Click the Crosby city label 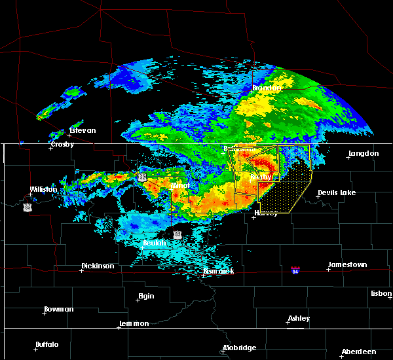[x=63, y=144]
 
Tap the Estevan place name [x=82, y=130]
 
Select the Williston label [x=43, y=189]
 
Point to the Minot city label [x=179, y=185]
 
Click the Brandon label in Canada [x=267, y=88]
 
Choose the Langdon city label [x=364, y=153]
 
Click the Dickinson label [x=98, y=266]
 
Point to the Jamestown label [x=347, y=264]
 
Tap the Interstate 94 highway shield [x=296, y=270]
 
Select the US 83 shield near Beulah [x=178, y=234]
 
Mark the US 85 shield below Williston [x=27, y=207]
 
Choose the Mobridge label [x=240, y=348]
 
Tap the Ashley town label [x=299, y=319]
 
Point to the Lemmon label [x=136, y=323]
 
